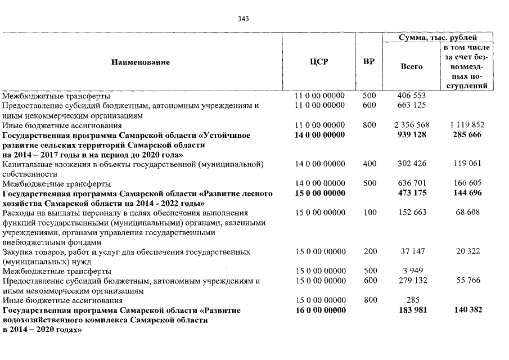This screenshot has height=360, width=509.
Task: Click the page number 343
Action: pos(243,19)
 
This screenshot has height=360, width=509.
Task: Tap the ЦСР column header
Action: pos(319,62)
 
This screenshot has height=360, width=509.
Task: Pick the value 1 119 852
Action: pos(467,125)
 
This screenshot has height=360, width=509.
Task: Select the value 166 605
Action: pos(467,183)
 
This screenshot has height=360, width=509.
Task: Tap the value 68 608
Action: pos(467,213)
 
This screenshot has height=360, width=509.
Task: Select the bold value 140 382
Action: pos(467,310)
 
